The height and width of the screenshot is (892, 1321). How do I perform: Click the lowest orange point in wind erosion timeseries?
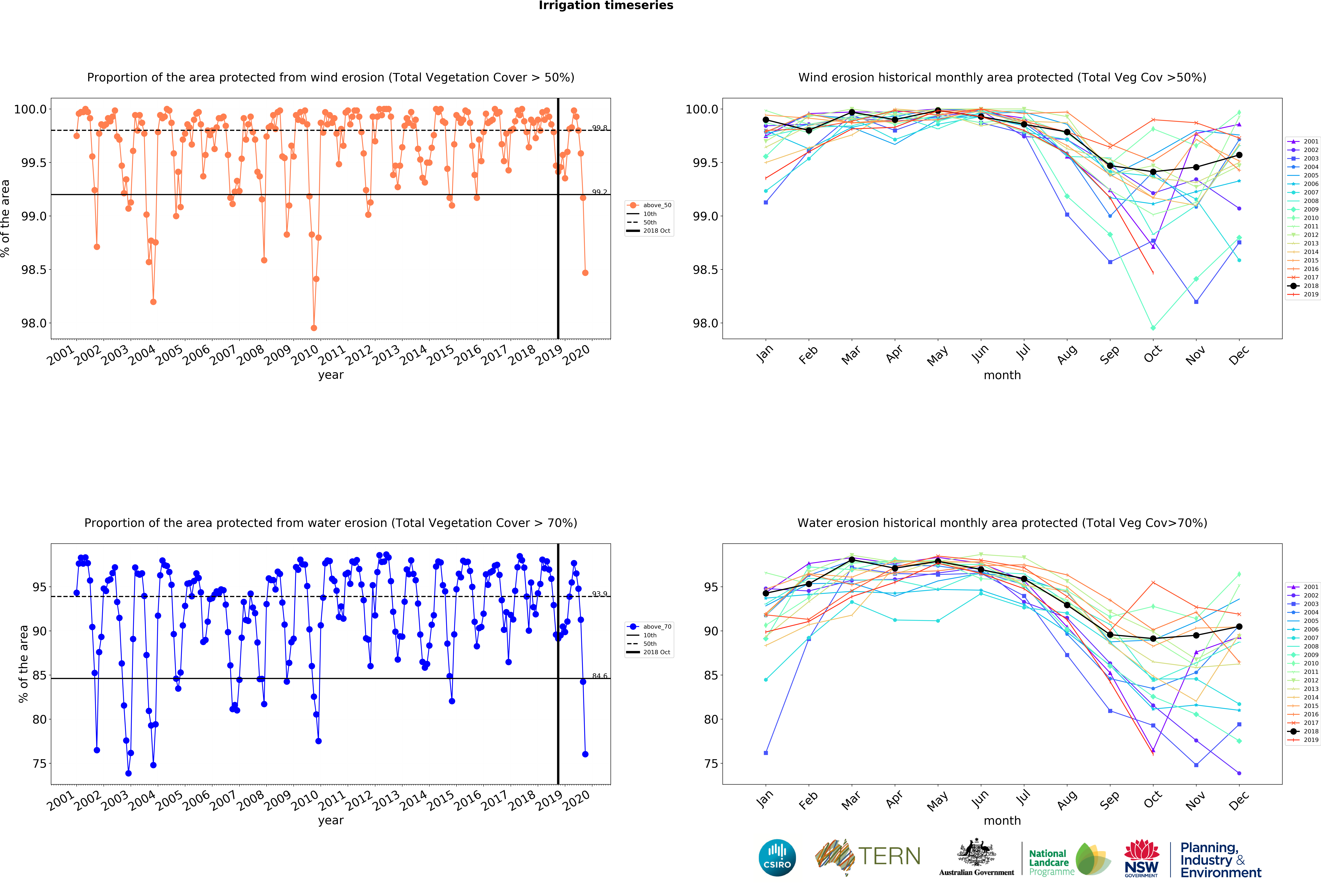click(314, 328)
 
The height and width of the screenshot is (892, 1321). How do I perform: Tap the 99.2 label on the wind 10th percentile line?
click(599, 192)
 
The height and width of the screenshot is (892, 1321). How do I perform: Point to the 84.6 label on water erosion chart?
click(599, 676)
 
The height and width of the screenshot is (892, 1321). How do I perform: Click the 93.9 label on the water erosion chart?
click(599, 594)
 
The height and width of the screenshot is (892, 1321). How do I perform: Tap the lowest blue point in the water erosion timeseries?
click(128, 773)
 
